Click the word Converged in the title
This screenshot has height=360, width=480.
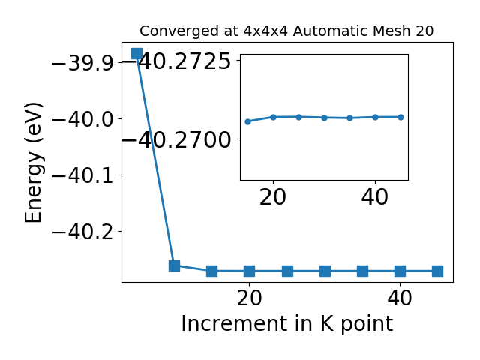click(x=179, y=31)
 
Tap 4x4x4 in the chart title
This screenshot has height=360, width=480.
click(x=265, y=31)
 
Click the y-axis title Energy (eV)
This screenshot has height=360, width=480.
click(x=33, y=163)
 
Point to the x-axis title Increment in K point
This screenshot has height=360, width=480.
click(x=287, y=323)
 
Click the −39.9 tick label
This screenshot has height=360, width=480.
click(x=83, y=64)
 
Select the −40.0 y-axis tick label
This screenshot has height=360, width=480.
click(x=83, y=120)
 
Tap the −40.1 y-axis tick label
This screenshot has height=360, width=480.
click(x=83, y=176)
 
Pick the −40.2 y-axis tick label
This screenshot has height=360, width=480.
click(x=83, y=232)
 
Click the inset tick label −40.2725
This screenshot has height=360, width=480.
click(x=179, y=61)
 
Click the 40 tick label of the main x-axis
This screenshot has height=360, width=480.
click(x=400, y=298)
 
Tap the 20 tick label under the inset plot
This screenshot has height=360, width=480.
click(x=273, y=197)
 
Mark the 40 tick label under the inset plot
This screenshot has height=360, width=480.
click(x=375, y=197)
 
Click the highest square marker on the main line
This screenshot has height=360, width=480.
click(x=136, y=53)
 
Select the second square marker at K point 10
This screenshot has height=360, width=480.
click(x=175, y=265)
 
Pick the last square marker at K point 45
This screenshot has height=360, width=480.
click(x=438, y=271)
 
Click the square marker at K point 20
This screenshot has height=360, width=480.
click(x=250, y=271)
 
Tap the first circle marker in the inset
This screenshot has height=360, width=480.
click(x=248, y=121)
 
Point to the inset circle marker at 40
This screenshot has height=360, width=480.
click(x=375, y=117)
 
